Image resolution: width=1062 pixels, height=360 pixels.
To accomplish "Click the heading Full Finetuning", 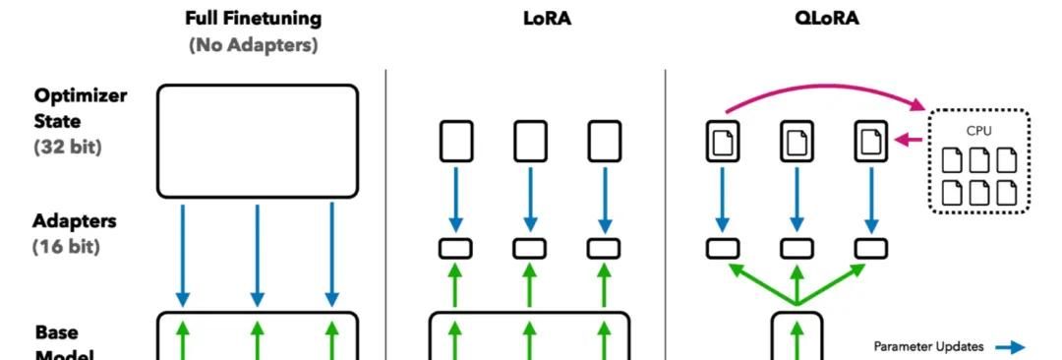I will coord(254,18).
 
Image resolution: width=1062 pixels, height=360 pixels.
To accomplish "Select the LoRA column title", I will coord(547,18).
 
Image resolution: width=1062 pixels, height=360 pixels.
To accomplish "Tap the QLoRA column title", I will coord(827,18).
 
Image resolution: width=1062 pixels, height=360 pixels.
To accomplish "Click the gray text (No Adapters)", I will coord(253,44).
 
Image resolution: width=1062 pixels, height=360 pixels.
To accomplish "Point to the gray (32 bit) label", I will coord(67,148).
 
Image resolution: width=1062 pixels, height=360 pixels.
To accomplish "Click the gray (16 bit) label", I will coord(67,247).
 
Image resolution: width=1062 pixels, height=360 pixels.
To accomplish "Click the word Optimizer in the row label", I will coord(81,95).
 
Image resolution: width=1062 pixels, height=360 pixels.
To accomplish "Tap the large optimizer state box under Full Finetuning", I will coord(258,140).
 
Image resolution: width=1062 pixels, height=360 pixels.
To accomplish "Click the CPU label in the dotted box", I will coord(979,129).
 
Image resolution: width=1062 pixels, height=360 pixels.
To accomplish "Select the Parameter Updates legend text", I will coord(928,346).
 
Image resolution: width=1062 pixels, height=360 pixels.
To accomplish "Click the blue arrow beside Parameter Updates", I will coord(1010,346).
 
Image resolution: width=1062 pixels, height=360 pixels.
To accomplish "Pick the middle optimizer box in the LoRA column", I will coord(530,141).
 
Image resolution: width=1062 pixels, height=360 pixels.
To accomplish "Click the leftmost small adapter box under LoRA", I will coord(455,248).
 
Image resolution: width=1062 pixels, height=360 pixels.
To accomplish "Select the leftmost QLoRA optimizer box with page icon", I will coord(723,141).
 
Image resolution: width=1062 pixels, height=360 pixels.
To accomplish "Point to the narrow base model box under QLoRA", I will coord(797,336).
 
